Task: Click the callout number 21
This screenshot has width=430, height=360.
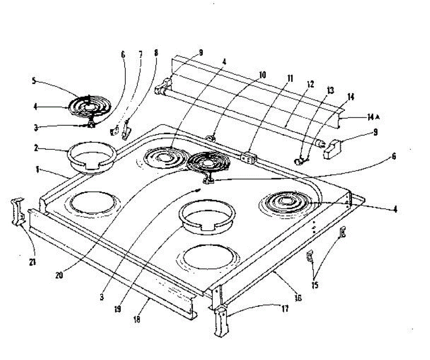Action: pyautogui.click(x=33, y=262)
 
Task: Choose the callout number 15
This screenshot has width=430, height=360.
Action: pyautogui.click(x=315, y=285)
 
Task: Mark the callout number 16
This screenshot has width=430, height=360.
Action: pyautogui.click(x=297, y=297)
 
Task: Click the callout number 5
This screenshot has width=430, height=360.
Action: pyautogui.click(x=34, y=81)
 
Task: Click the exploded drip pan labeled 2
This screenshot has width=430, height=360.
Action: pyautogui.click(x=92, y=159)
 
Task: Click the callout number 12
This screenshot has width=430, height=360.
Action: pyautogui.click(x=310, y=85)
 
